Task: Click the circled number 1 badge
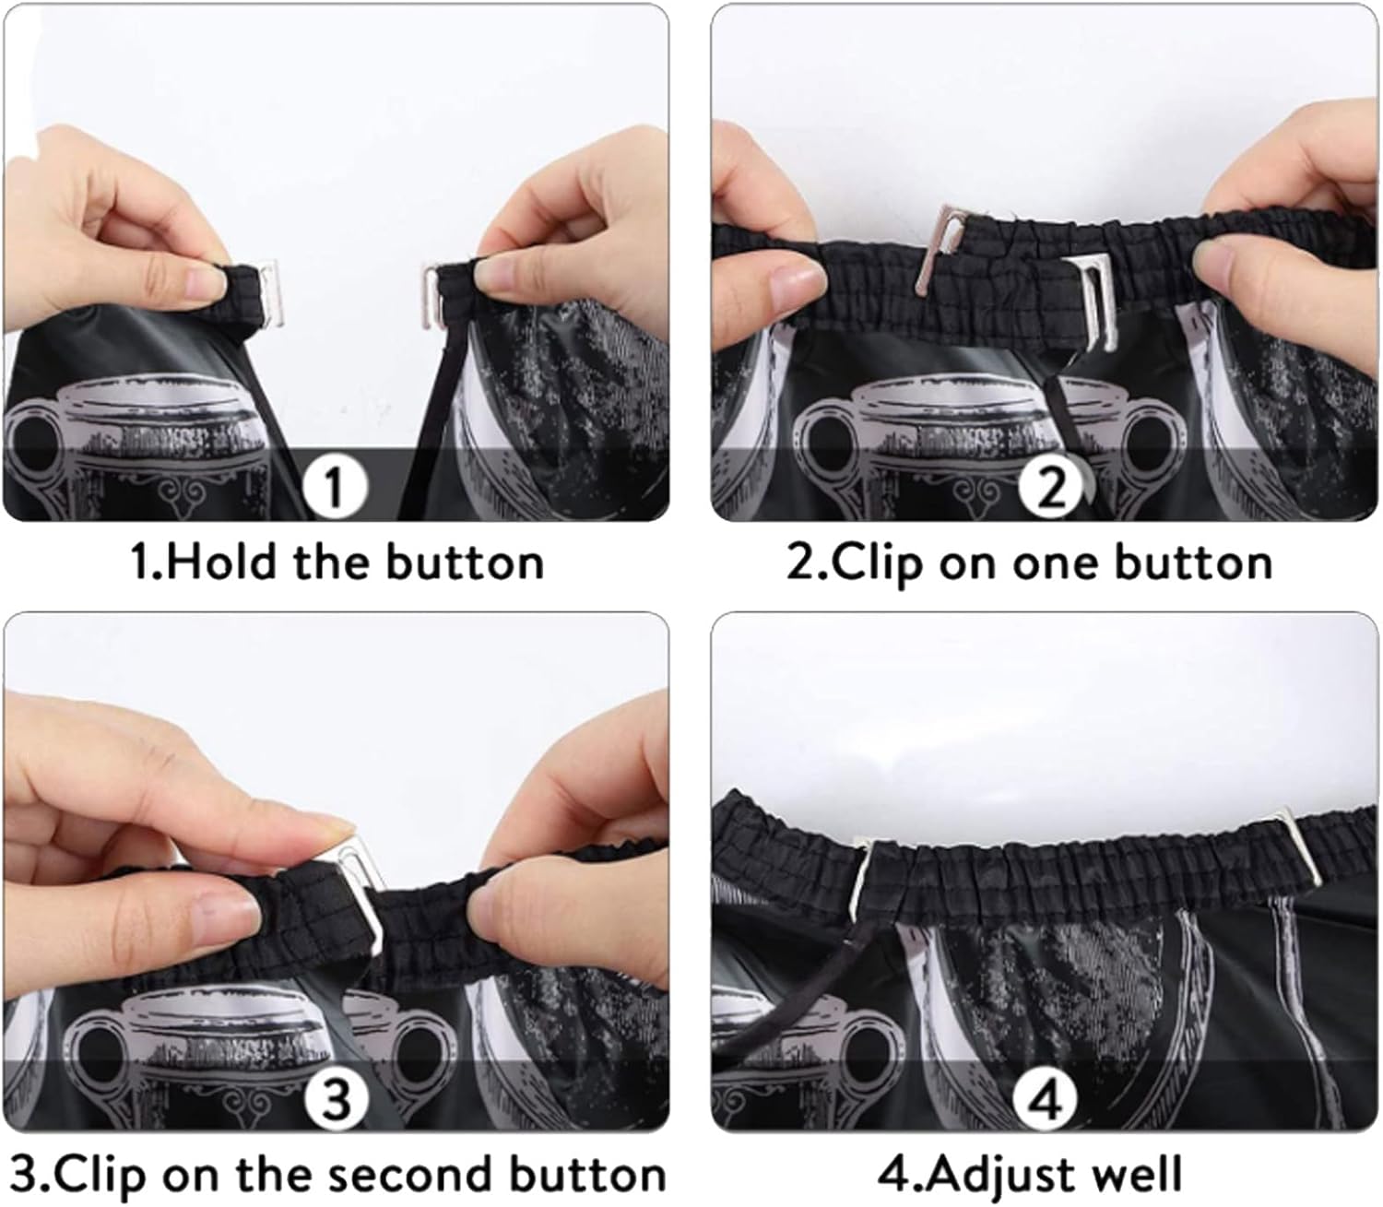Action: coord(335,487)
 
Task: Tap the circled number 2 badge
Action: coord(1051,487)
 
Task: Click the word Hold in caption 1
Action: coord(221,562)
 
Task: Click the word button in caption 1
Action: coord(465,562)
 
